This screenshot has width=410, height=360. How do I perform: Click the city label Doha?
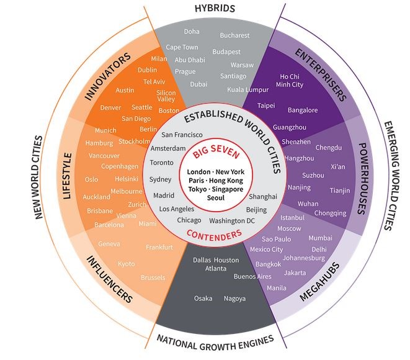pyautogui.click(x=192, y=31)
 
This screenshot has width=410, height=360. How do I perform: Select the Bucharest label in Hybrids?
pyautogui.click(x=234, y=35)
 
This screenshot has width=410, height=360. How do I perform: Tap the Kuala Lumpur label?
pyautogui.click(x=248, y=89)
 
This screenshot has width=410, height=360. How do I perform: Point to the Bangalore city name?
pyautogui.click(x=303, y=110)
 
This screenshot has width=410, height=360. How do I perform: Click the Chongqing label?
pyautogui.click(x=330, y=214)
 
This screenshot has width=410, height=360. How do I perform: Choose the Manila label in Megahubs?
pyautogui.click(x=276, y=288)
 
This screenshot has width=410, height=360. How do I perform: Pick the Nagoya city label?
pyautogui.click(x=234, y=299)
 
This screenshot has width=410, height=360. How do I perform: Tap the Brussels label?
pyautogui.click(x=153, y=277)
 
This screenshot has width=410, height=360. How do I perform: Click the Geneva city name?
pyautogui.click(x=109, y=244)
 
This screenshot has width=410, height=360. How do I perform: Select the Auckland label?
pyautogui.click(x=96, y=197)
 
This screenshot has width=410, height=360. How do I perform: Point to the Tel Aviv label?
pyautogui.click(x=154, y=81)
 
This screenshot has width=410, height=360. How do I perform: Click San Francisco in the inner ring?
pyautogui.click(x=182, y=135)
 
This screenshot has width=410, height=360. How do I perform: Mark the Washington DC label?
pyautogui.click(x=232, y=220)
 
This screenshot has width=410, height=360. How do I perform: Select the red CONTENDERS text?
pyautogui.click(x=213, y=235)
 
